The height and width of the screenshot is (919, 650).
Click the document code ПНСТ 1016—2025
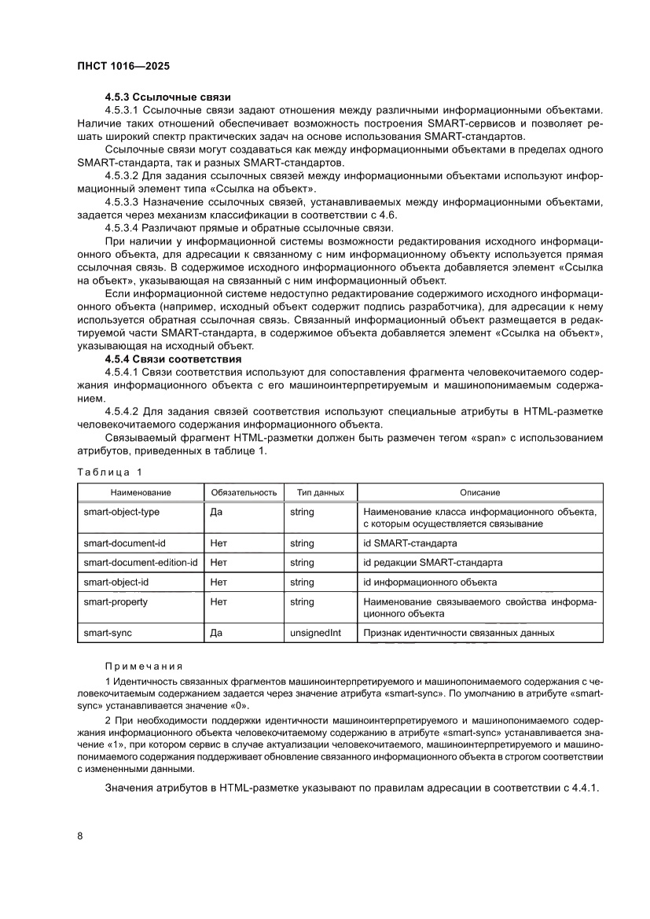(x=123, y=68)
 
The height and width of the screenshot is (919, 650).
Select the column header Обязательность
(x=244, y=492)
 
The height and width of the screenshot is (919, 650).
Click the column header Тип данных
(x=320, y=492)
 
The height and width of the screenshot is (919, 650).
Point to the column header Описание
(x=479, y=492)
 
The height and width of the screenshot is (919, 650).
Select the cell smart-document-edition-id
(x=141, y=563)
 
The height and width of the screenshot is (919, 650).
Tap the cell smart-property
(x=116, y=601)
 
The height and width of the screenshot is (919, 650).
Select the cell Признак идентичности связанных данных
(x=458, y=633)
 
